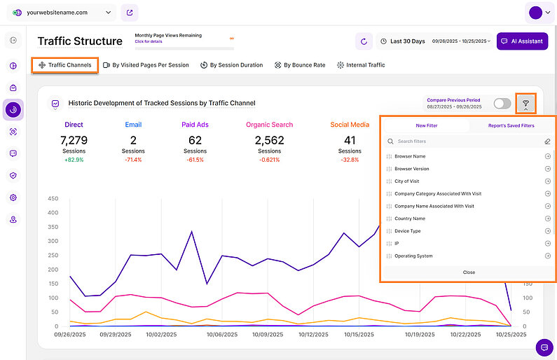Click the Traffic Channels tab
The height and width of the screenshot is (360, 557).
[65, 65]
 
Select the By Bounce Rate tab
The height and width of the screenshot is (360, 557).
[300, 65]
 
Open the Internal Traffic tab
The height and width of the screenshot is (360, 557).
[361, 65]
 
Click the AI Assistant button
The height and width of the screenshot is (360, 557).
[522, 41]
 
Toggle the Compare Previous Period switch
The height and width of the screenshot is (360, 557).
[502, 104]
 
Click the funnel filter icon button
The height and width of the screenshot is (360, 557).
[525, 104]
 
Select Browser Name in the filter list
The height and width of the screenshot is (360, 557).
[410, 156]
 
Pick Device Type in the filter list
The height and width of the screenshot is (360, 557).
[408, 231]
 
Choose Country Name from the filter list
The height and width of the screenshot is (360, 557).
[410, 219]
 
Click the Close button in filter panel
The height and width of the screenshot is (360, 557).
[468, 272]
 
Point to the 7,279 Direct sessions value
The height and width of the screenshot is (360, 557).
[74, 140]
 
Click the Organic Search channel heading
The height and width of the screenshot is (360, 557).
[269, 125]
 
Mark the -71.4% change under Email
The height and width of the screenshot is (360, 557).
[133, 160]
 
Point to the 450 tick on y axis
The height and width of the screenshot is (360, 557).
[53, 199]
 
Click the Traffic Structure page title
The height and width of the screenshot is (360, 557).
[80, 41]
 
